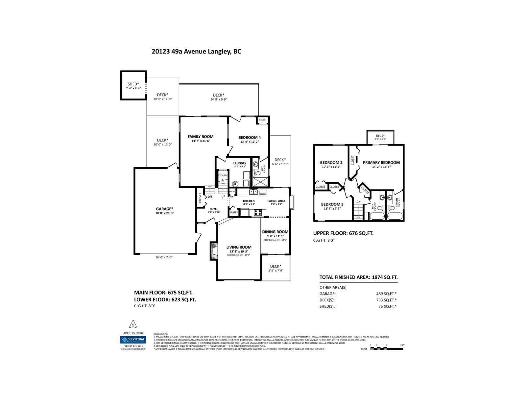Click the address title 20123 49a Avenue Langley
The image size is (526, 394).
[196, 52]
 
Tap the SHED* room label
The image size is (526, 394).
[133, 84]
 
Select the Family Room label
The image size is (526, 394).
[201, 137]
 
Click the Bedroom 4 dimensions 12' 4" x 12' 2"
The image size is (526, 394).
[249, 142]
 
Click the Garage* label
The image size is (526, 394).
[164, 209]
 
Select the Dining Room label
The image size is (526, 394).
[275, 232]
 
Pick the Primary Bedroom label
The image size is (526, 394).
[381, 163]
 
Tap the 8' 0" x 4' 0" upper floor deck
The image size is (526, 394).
[380, 137]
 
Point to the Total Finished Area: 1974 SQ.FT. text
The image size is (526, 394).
[358, 277]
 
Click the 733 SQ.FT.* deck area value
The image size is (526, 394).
[386, 300]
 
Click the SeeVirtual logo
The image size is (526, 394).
[133, 339]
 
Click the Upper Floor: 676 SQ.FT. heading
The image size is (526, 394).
[343, 233]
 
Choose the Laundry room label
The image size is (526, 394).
[240, 163]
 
